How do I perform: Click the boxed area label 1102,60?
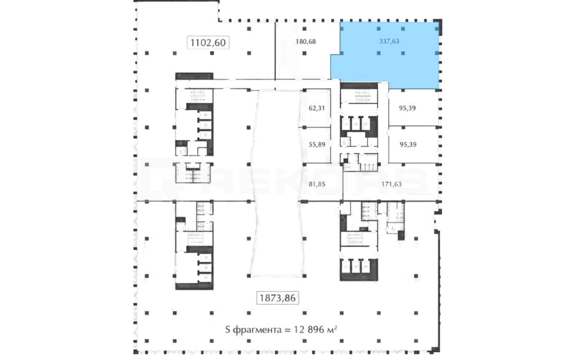(x=208, y=42)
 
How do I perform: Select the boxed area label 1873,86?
(x=278, y=298)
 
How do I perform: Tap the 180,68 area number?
(x=306, y=41)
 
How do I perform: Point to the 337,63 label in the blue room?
(x=389, y=41)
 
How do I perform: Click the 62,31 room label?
(x=317, y=108)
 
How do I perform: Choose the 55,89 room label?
(x=317, y=144)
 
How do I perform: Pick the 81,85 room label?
(x=317, y=184)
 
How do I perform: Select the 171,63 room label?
(x=392, y=184)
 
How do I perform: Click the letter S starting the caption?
(x=228, y=330)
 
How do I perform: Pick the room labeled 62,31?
(x=315, y=108)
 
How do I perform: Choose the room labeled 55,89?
(x=315, y=145)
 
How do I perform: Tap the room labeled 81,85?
(x=321, y=182)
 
